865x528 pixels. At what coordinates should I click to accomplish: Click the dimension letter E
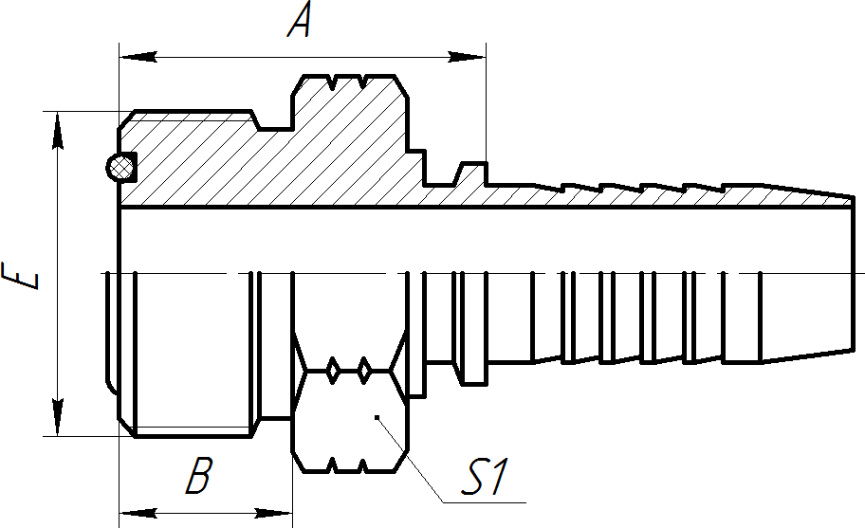pyautogui.click(x=21, y=273)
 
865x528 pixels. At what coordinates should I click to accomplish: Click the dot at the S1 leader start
pyautogui.click(x=377, y=416)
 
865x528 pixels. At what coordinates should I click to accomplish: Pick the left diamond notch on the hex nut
pyautogui.click(x=333, y=370)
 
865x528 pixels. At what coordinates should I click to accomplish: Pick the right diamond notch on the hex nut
pyautogui.click(x=364, y=370)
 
